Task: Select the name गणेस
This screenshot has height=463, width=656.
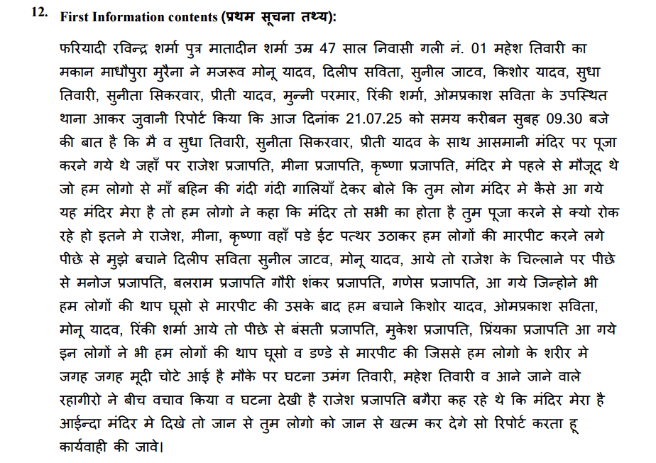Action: (411, 283)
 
